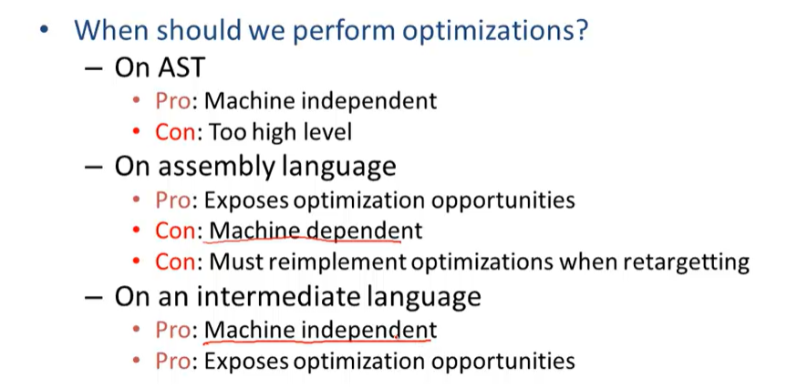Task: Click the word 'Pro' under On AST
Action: pos(171,100)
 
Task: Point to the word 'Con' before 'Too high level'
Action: pos(175,132)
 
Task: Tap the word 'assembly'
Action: pos(215,167)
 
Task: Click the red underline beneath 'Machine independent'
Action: pos(319,343)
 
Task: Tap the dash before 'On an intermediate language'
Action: pos(93,297)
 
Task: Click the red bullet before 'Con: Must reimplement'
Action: pos(137,263)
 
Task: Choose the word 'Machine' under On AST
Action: pos(248,100)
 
